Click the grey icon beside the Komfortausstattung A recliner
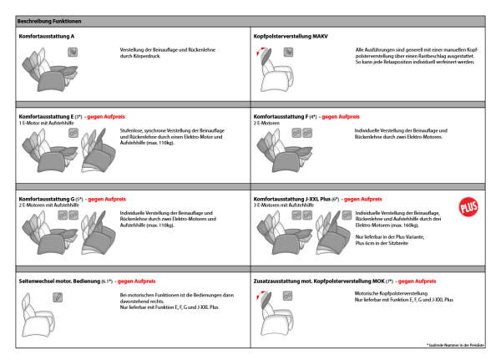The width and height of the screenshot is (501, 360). tap(73, 52)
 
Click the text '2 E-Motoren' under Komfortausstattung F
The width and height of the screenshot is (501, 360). tap(268, 124)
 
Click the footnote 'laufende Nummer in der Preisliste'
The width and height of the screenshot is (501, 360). tap(455, 345)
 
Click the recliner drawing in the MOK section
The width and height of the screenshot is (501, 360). tap(271, 312)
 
